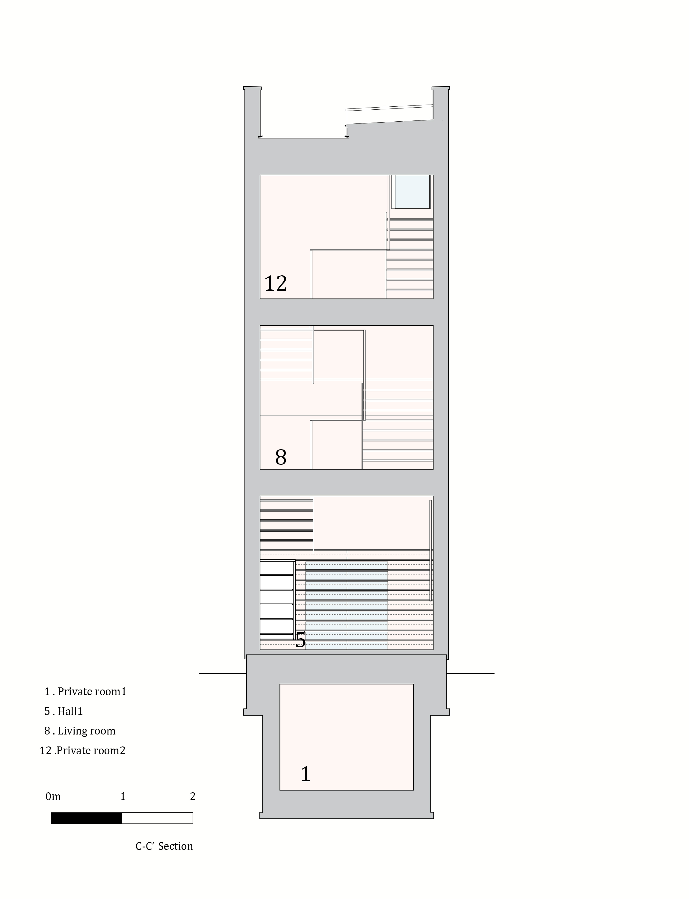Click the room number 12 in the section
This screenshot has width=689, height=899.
[x=275, y=283]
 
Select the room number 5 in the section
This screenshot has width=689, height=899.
[x=301, y=640]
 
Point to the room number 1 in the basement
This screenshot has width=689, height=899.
[x=306, y=774]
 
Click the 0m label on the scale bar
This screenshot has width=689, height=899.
[x=53, y=797]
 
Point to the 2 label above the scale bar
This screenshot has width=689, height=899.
[x=193, y=797]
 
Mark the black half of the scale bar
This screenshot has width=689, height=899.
[x=86, y=818]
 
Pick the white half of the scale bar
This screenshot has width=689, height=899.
[x=157, y=818]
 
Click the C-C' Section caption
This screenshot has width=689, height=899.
[x=164, y=846]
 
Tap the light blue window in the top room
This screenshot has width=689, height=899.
[x=412, y=191]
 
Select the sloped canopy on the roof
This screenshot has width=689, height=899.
[x=390, y=115]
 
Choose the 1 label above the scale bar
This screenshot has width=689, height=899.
[x=123, y=797]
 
